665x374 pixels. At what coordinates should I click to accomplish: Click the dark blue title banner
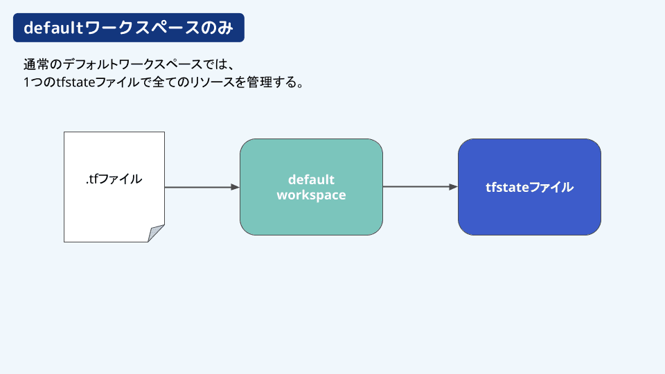pyautogui.click(x=129, y=28)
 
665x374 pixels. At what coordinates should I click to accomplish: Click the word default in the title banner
pyautogui.click(x=54, y=28)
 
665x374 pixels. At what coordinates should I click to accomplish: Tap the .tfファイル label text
pyautogui.click(x=114, y=179)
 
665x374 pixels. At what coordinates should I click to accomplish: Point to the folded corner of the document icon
pyautogui.click(x=156, y=233)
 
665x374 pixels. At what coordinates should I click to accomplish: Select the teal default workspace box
pyautogui.click(x=311, y=186)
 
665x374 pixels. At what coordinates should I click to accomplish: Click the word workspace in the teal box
pyautogui.click(x=311, y=195)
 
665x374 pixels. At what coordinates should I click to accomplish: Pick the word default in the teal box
pyautogui.click(x=311, y=179)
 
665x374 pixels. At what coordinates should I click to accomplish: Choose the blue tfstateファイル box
pyautogui.click(x=529, y=186)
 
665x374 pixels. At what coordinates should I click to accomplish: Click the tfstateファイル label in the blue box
pyautogui.click(x=529, y=187)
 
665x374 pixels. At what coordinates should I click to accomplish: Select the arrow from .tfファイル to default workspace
pyautogui.click(x=202, y=187)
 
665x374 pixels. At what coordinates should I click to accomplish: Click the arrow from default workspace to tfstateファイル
pyautogui.click(x=420, y=186)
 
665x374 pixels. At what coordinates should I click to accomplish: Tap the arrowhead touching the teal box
pyautogui.click(x=236, y=187)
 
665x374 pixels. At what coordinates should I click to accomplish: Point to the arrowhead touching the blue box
pyautogui.click(x=453, y=186)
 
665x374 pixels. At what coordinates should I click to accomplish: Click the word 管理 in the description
pyautogui.click(x=260, y=82)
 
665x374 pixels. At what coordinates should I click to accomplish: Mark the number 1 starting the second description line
pyautogui.click(x=27, y=82)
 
